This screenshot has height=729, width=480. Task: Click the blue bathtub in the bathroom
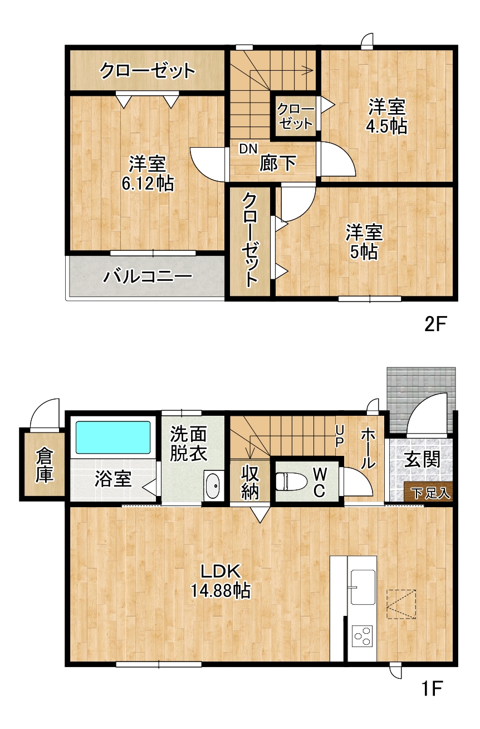pos(113,438)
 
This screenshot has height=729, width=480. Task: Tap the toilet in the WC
pos(291,482)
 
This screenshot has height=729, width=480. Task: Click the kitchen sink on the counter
pos(363,587)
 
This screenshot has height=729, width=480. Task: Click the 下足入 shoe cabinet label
pos(431,493)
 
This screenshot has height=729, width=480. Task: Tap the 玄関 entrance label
pos(422,459)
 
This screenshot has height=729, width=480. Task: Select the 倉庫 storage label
pos(44,465)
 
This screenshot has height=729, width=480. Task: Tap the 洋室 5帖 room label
pos(364,242)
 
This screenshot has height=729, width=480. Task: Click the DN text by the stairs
pos(248,149)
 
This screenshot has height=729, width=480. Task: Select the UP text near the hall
pos(340,437)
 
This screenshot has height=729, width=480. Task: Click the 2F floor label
pos(434,324)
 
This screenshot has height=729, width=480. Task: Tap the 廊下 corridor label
pos(277,163)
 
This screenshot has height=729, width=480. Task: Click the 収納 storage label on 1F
pos(250,483)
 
